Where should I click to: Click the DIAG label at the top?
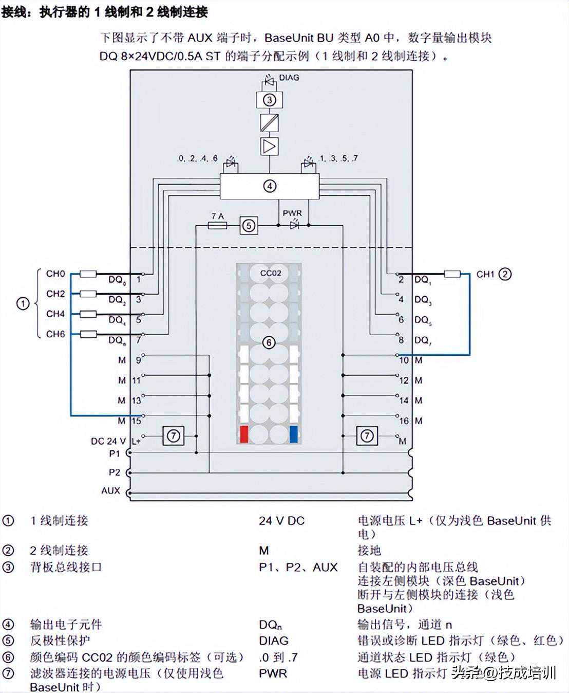[289, 78]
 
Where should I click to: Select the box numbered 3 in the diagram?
[270, 100]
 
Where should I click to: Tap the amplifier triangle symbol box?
[270, 146]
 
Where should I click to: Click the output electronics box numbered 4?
[270, 186]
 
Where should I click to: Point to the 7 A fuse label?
[218, 216]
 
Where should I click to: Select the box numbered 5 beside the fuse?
[249, 225]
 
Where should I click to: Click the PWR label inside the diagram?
[292, 213]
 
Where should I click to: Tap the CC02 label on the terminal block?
[271, 273]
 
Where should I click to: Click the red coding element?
[244, 434]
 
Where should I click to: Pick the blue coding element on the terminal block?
[294, 434]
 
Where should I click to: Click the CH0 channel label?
[55, 274]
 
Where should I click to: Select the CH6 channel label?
[55, 334]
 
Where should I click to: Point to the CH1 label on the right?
[485, 274]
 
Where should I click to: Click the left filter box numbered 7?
[174, 436]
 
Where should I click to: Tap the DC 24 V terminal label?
[108, 441]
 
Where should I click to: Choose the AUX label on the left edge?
[110, 490]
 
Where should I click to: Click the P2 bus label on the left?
[114, 472]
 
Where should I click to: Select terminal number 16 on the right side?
[404, 421]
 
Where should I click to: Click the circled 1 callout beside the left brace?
[23, 303]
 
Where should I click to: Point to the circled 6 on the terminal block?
[269, 343]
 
